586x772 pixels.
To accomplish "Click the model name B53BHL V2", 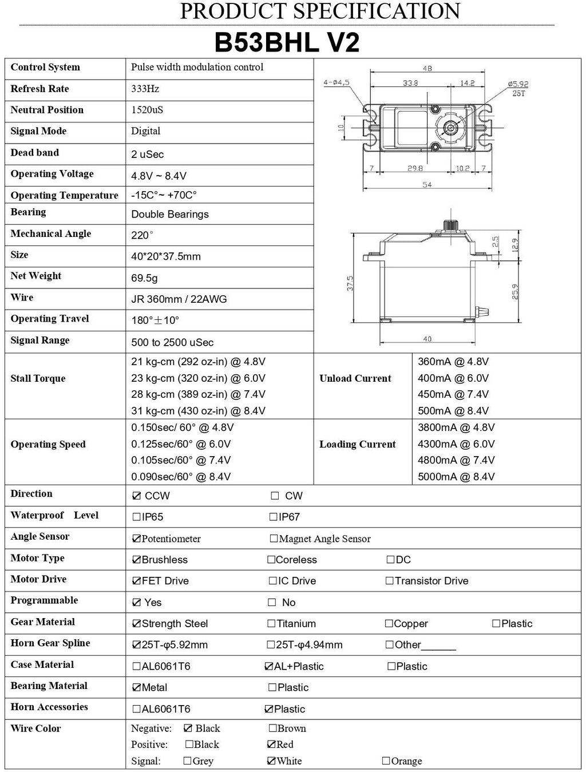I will coord(287,43).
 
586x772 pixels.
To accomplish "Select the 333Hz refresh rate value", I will coord(145,89).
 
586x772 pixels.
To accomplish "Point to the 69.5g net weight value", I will coord(144,278).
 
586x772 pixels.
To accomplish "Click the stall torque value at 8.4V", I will coord(198,411).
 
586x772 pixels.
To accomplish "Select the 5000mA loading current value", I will coord(456,477).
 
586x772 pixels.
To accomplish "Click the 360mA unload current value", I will coord(453,362).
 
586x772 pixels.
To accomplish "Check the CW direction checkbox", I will coord(275,496).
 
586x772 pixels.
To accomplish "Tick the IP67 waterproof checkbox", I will coord(274,517).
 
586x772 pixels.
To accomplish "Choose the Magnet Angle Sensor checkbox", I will coord(274,539).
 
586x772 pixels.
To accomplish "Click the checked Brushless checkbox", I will coord(136,560).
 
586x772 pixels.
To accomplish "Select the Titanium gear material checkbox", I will coord(271,624).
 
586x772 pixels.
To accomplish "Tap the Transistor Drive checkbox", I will coord(390,581).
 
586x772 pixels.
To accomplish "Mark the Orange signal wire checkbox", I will coord(386,761).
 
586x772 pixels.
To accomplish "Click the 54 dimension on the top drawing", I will coord(427,185).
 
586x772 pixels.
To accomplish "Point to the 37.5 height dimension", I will coord(350,283).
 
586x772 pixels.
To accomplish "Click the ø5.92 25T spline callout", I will coord(517,88).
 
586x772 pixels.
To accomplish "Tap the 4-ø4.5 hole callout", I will coord(336,82).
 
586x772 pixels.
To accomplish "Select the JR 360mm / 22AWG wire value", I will coord(179,299).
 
